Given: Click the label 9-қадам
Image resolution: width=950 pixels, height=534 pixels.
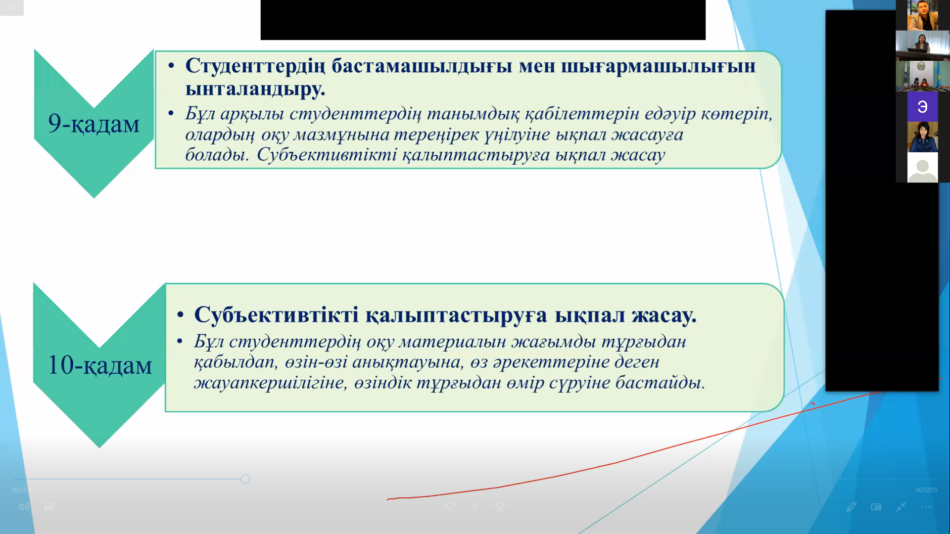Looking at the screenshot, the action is coord(94,123).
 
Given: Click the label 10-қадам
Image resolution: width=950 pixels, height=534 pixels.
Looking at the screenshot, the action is coord(99,365).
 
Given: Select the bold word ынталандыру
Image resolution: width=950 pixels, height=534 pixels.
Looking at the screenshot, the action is coord(255,89).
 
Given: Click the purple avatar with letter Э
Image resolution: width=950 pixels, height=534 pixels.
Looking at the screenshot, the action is coord(922,107).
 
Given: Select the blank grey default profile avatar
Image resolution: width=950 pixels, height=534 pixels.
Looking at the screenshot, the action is coord(922,168).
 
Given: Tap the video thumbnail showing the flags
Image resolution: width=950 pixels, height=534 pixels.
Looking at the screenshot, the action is coord(922,76).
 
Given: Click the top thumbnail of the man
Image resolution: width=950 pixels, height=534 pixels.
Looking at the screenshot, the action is coord(922,15).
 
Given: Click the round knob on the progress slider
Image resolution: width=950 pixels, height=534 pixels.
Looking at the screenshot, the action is coord(245,479).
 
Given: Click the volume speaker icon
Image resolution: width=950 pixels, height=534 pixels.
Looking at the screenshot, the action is coord(24,507).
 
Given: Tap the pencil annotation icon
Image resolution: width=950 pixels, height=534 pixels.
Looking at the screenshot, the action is coord(851,507).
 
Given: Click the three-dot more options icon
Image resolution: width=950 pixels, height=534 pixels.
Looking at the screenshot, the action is coord(925,507).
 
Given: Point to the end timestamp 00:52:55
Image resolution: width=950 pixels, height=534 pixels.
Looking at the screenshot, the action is coord(926,490).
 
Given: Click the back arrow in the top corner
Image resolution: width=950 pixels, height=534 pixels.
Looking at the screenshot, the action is coord(11,7).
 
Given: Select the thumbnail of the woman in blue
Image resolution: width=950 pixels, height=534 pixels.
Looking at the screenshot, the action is coord(922,137).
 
